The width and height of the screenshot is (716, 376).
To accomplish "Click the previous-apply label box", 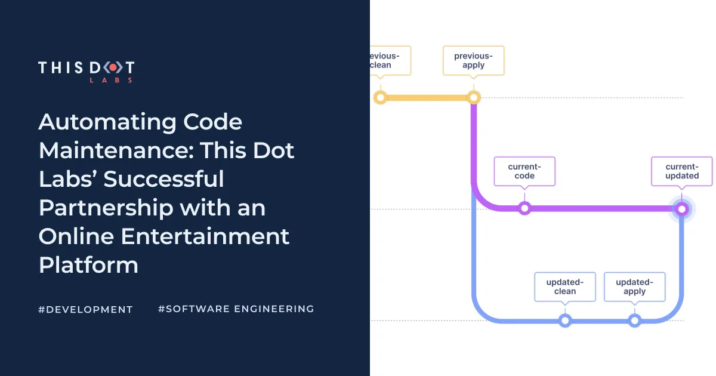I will pos(473,60).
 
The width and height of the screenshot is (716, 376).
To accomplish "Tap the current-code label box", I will pos(524,171).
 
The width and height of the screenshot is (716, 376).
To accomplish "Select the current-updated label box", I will pos(682,171).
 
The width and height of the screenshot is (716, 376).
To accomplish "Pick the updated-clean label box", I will pos(564,286).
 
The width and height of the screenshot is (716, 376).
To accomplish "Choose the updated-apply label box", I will pos(634,286).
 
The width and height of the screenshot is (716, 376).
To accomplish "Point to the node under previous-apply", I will pos(473,97).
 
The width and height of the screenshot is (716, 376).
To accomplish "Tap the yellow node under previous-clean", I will pos(379,97).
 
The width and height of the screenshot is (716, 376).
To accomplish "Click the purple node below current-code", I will pos(524,208).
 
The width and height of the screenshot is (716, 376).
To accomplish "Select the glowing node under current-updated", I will pos(681,209).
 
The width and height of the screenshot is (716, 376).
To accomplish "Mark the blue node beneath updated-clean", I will pos(564,320).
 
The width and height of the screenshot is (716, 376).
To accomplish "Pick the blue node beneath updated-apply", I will pos(634,320).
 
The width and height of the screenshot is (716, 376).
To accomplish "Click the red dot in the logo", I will pos(112,68).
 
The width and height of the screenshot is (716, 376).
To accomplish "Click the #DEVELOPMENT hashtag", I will pos(85,309).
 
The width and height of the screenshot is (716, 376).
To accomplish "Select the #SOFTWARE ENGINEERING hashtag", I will pos(236,309).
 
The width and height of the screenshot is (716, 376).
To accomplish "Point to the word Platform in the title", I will pos(88,264).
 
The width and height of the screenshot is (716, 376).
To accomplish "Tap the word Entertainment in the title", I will pos(205,236).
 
